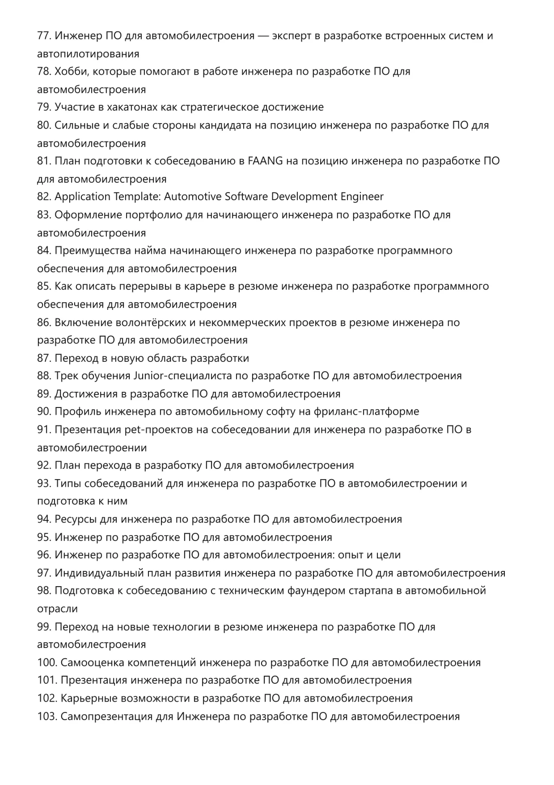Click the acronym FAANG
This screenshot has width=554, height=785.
pyautogui.click(x=265, y=161)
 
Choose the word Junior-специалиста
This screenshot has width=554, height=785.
pyautogui.click(x=182, y=376)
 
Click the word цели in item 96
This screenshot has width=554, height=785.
pyautogui.click(x=388, y=555)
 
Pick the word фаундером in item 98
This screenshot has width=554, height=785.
pyautogui.click(x=319, y=591)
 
